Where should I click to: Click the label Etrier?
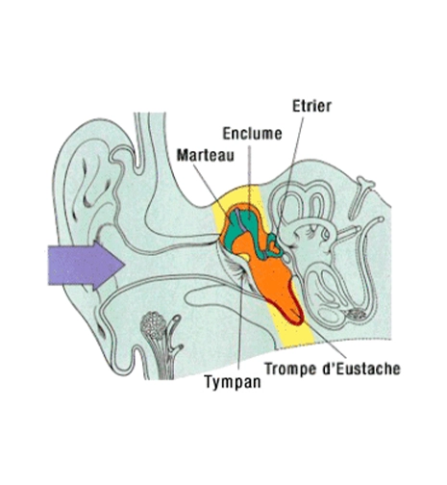(311, 106)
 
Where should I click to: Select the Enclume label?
(252, 134)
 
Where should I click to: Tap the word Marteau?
(206, 155)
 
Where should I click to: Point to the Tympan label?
(233, 382)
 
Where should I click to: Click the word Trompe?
(290, 369)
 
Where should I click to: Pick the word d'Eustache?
(360, 369)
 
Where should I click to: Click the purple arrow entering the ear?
(86, 265)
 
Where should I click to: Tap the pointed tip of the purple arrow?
(124, 265)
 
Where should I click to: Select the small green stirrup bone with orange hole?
(273, 246)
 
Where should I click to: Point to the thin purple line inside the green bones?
(240, 220)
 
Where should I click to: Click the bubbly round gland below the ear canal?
(154, 325)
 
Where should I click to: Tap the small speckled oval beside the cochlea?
(357, 314)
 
